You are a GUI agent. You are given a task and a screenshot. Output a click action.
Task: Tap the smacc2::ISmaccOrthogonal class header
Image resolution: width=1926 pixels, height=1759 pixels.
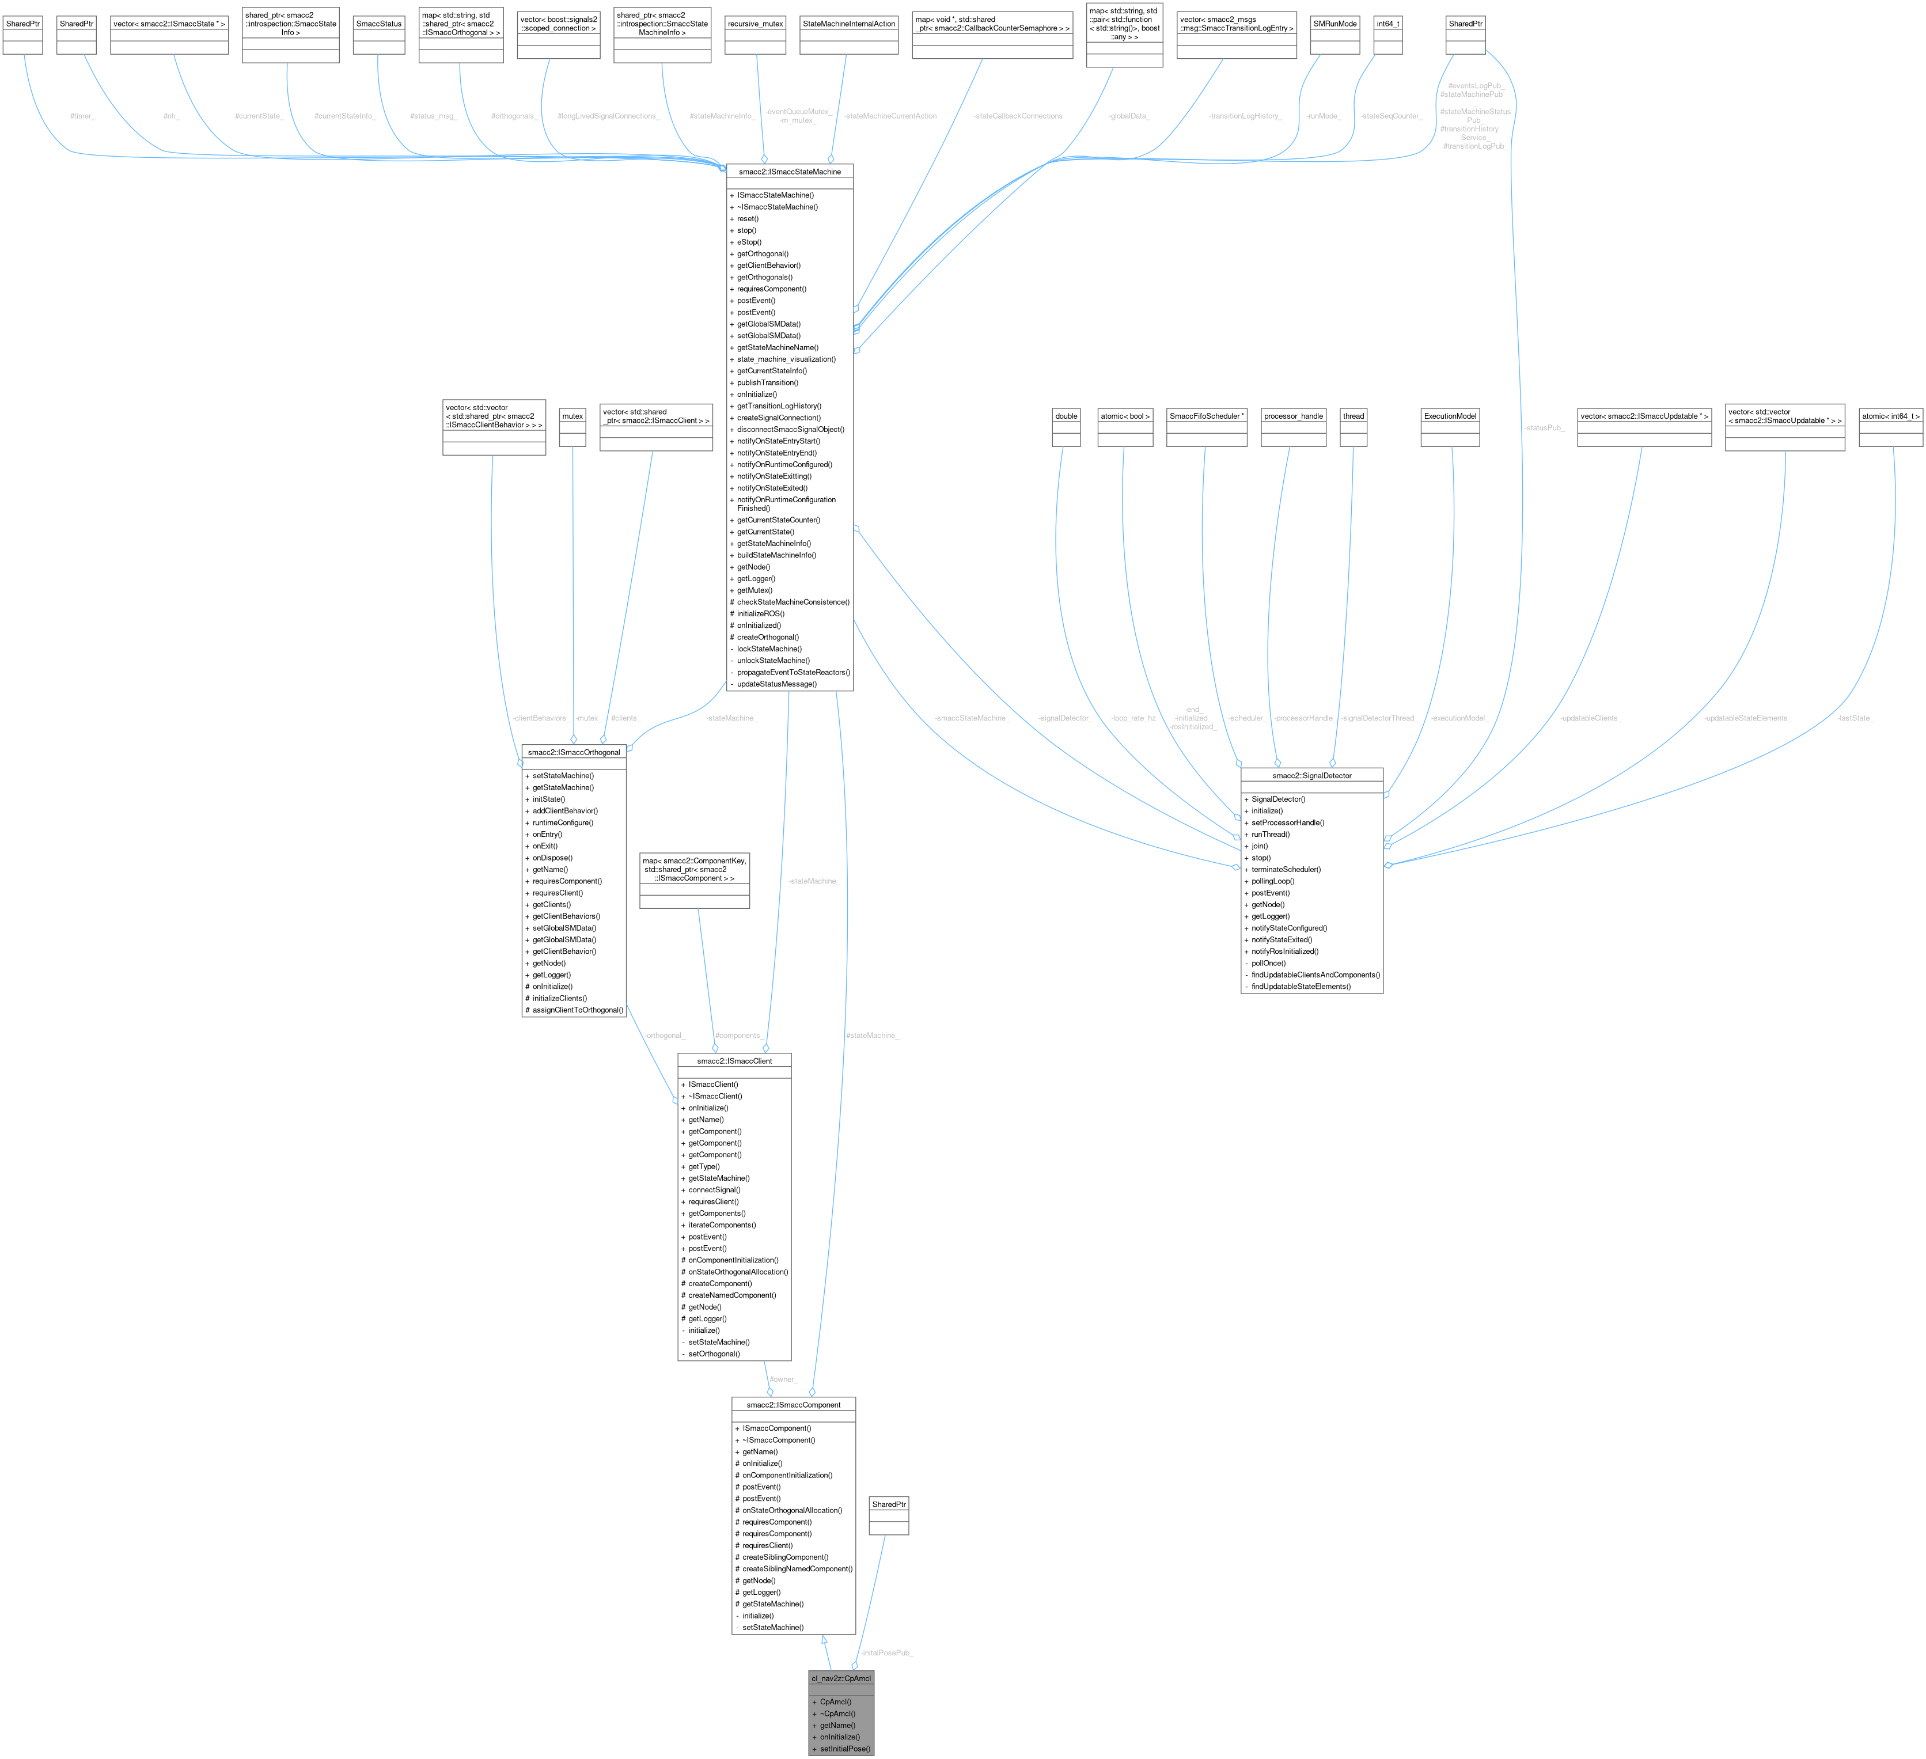point(573,752)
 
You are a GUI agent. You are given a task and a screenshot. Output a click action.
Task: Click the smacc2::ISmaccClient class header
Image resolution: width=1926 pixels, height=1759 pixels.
point(734,1060)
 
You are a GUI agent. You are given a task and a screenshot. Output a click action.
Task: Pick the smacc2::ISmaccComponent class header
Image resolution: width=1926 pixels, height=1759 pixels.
point(793,1405)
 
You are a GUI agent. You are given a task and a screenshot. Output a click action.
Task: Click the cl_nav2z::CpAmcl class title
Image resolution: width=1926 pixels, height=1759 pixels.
point(841,1678)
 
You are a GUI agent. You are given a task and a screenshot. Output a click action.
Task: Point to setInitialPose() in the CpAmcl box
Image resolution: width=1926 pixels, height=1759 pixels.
point(844,1749)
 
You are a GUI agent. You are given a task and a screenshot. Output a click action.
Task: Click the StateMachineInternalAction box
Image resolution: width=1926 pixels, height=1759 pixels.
point(848,24)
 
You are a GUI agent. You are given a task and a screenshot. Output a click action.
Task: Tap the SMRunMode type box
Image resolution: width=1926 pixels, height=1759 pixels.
point(1334,24)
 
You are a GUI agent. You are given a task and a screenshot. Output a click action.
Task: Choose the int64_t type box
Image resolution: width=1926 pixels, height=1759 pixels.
point(1388,24)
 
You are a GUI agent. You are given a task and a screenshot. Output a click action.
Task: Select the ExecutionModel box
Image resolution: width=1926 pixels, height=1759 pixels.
point(1450,416)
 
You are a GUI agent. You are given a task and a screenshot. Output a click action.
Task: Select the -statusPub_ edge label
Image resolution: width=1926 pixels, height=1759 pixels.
point(1544,428)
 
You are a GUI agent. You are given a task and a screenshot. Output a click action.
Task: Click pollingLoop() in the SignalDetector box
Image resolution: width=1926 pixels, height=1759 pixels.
point(1272,881)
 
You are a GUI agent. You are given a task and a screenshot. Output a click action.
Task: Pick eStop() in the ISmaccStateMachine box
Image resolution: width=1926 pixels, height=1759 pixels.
point(748,242)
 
